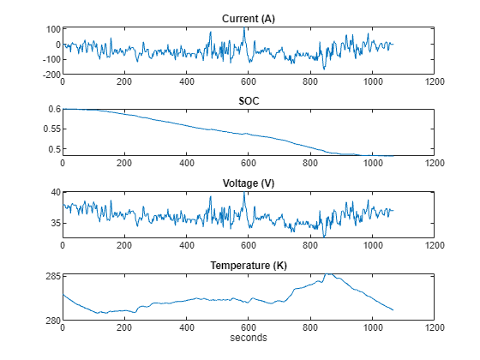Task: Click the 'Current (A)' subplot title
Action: pos(248,19)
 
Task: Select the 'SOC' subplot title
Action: pos(248,101)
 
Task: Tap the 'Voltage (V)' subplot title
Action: pos(248,183)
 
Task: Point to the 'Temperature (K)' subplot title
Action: pos(248,266)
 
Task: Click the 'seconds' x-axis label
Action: pos(248,338)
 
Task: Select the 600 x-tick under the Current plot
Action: pos(249,82)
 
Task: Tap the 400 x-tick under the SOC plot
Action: pos(187,164)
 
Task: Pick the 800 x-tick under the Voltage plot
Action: pos(310,246)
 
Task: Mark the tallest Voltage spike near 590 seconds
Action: pos(244,192)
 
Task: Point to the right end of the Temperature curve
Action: pos(393,310)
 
